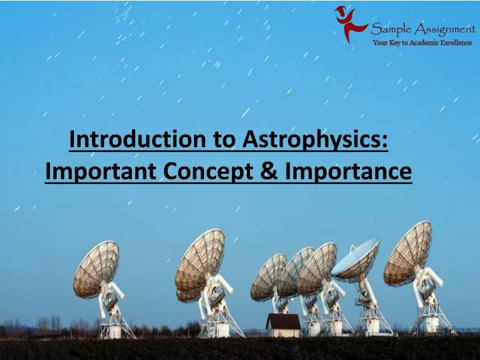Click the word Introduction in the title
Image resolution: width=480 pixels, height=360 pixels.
(137, 139)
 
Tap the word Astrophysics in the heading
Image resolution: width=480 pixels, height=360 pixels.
(311, 140)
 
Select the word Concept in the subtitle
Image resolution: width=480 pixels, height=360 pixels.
(208, 172)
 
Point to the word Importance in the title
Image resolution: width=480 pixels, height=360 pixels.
(349, 172)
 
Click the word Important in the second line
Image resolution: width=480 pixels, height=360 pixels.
(101, 172)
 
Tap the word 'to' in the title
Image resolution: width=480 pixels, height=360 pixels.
(224, 140)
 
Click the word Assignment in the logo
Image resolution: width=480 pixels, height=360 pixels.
(445, 30)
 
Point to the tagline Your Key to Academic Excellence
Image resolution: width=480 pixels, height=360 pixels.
(423, 43)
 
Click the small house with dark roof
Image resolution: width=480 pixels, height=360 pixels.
(283, 325)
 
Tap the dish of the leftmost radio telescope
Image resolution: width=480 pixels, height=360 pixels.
(96, 269)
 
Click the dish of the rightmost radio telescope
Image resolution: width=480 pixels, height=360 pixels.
(408, 254)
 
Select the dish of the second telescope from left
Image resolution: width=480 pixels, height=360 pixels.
(200, 263)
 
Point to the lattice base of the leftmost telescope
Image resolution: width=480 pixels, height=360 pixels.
(117, 324)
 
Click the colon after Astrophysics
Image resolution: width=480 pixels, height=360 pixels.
(385, 143)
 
